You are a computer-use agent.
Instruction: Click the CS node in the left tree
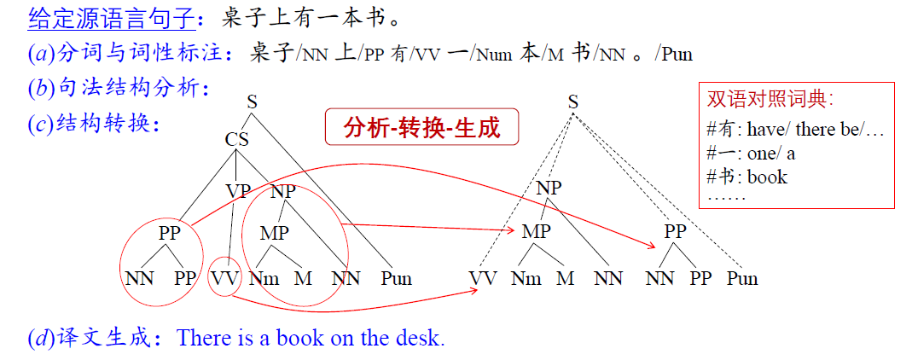[x=236, y=140]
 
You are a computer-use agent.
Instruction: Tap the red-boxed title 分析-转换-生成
[x=421, y=127]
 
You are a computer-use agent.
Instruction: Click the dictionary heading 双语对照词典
[x=770, y=99]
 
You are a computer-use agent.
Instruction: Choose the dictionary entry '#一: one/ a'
[x=750, y=153]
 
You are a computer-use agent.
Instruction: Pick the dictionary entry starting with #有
[x=795, y=129]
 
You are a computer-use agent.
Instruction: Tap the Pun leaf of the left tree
[x=396, y=279]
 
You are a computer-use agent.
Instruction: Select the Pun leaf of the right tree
[x=742, y=279]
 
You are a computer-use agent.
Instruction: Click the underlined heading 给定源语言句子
[x=111, y=20]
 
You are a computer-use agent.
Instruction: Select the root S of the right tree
[x=573, y=103]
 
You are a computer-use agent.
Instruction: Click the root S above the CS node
[x=252, y=103]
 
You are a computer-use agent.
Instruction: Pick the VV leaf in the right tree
[x=484, y=279]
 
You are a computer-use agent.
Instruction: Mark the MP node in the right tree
[x=536, y=231]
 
